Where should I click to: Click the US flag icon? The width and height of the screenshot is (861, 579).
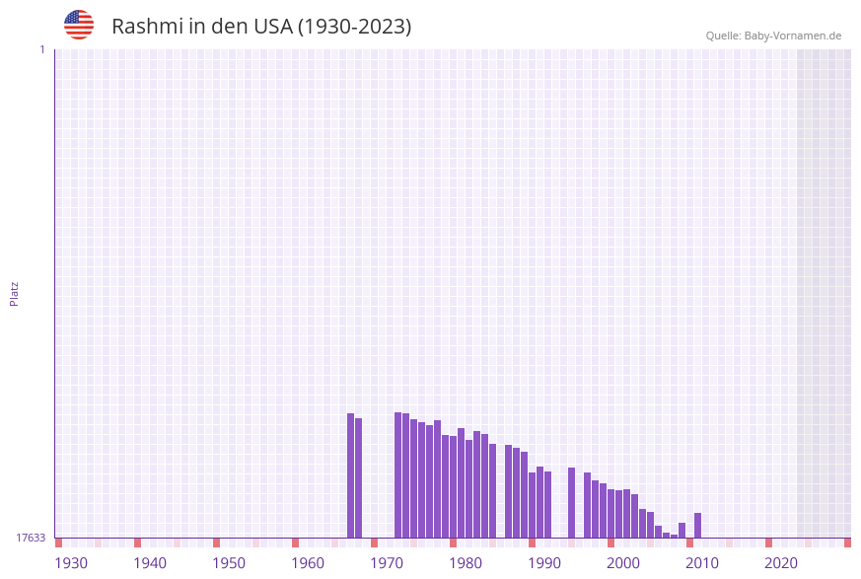tap(79, 25)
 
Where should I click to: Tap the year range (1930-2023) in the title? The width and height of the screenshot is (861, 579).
tap(354, 27)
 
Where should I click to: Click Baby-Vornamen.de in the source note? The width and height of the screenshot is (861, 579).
tap(792, 36)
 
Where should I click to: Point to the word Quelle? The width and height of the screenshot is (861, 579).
tap(723, 36)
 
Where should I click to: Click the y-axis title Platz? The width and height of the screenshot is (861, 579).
tap(15, 293)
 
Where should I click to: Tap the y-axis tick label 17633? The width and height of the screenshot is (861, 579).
tap(31, 538)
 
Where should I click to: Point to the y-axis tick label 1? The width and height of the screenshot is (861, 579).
tap(41, 49)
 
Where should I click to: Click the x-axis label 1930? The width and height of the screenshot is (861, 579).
tap(71, 562)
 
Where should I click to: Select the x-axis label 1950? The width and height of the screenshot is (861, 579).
tap(229, 562)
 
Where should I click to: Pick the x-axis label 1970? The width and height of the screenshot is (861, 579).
tap(387, 562)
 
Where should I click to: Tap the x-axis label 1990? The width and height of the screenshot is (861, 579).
tap(544, 562)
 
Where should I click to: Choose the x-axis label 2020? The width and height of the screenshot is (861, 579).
tap(781, 562)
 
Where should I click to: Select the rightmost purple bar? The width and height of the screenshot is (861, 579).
tap(697, 526)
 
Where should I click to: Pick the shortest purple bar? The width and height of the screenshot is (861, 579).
tap(674, 536)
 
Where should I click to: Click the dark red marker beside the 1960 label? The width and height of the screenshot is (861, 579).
tap(295, 543)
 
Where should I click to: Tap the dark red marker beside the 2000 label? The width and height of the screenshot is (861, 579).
tap(610, 543)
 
